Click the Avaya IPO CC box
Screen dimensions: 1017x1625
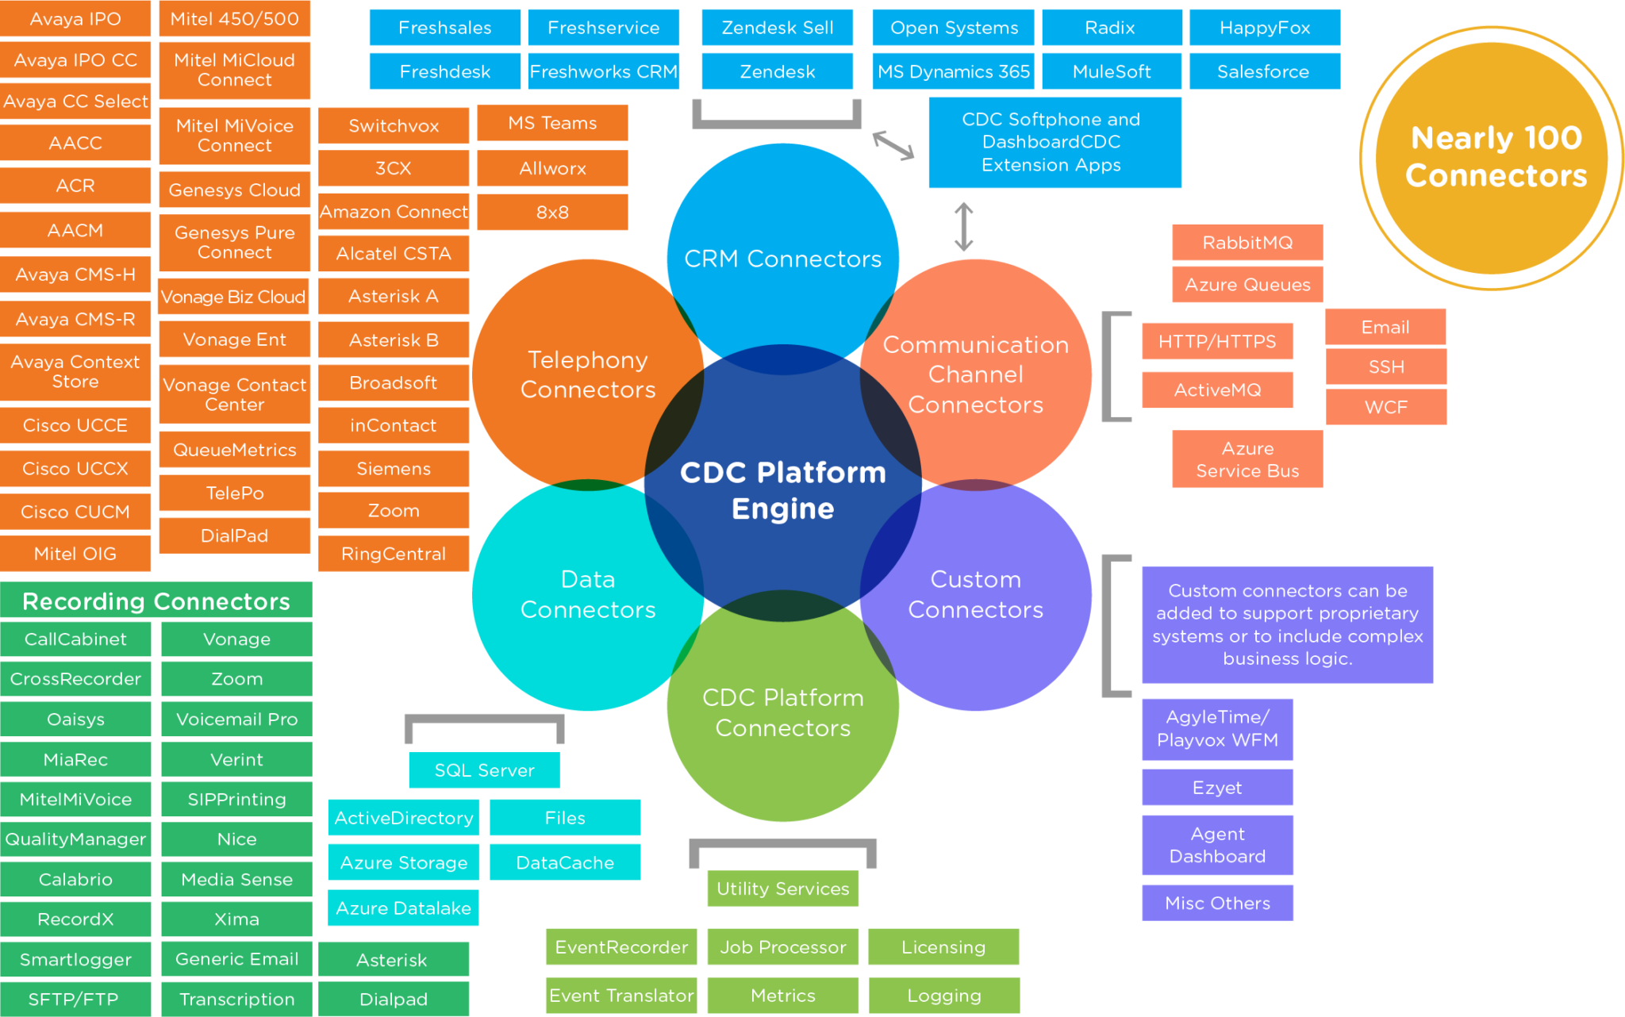75,60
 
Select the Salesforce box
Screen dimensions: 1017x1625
1264,71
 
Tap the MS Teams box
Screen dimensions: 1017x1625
552,123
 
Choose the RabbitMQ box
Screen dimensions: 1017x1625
1247,243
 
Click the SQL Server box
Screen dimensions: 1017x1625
484,770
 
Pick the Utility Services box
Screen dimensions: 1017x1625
782,888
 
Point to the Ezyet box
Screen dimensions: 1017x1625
1217,787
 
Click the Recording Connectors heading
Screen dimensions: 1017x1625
156,601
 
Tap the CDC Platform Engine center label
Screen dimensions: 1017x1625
782,490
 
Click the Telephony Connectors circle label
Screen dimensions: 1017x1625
588,374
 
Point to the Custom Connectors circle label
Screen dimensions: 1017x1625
975,594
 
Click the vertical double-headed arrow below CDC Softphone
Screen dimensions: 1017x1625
964,227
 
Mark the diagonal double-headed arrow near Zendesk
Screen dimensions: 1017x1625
893,145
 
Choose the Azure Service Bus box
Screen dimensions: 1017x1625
1247,459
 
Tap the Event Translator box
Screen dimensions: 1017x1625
621,995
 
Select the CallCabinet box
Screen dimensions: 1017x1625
75,639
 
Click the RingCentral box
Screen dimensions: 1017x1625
394,554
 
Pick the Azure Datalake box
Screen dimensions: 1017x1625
403,908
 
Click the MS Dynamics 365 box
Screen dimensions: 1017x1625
954,71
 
